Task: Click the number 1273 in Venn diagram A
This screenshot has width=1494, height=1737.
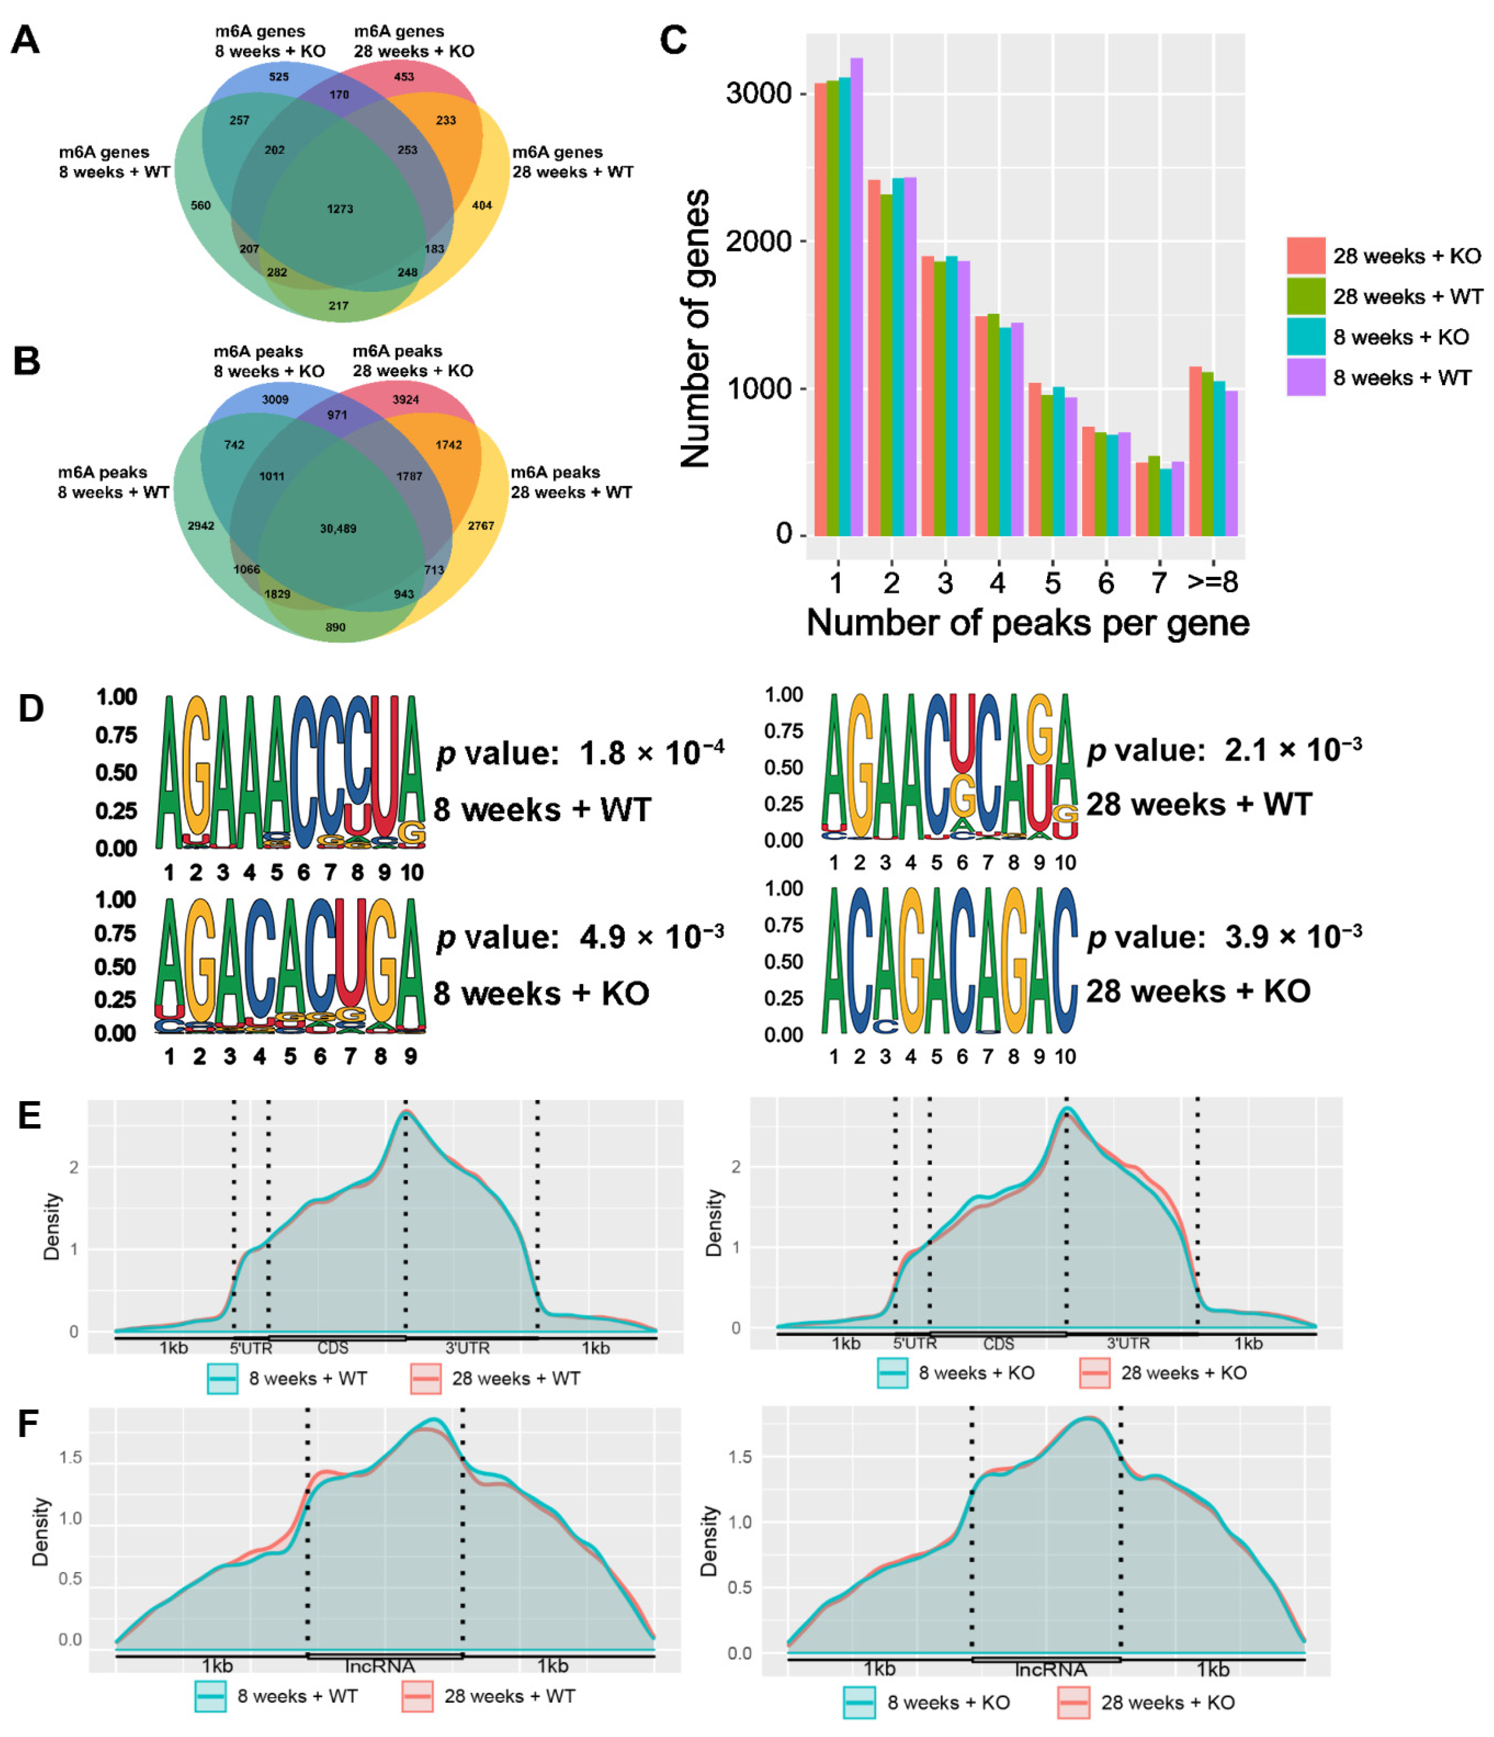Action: pyautogui.click(x=340, y=209)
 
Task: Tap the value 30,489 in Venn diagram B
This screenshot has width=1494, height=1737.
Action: pyautogui.click(x=338, y=528)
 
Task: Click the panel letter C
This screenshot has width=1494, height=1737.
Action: pyautogui.click(x=673, y=39)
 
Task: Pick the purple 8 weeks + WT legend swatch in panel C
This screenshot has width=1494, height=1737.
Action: pyautogui.click(x=1305, y=377)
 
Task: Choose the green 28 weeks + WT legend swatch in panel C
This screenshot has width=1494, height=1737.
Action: pyautogui.click(x=1305, y=296)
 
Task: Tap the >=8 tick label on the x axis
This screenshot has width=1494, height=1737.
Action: pyautogui.click(x=1212, y=582)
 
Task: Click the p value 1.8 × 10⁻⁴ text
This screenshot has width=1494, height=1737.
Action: pyautogui.click(x=579, y=753)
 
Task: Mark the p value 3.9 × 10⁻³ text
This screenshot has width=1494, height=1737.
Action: pyautogui.click(x=1224, y=936)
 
